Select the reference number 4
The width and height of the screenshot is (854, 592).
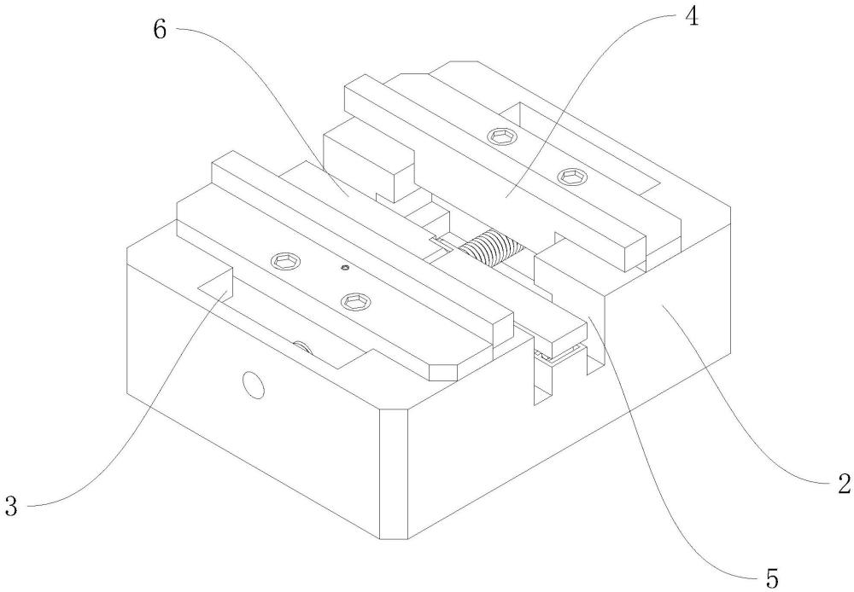click(x=693, y=18)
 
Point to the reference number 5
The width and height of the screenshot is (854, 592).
click(x=772, y=578)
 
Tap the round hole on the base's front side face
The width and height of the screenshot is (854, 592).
click(x=253, y=386)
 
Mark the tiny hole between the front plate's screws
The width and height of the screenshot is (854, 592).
click(x=343, y=268)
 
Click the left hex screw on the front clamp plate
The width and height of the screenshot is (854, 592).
click(x=281, y=259)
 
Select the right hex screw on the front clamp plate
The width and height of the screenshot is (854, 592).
click(x=354, y=300)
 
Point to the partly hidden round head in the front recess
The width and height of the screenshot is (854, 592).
click(x=301, y=345)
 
